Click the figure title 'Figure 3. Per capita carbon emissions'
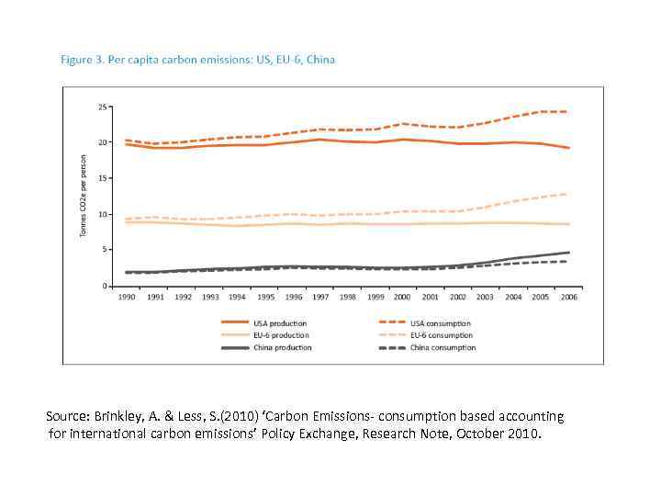[x=197, y=60]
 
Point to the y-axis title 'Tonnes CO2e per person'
[x=83, y=195]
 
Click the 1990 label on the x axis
[x=127, y=297]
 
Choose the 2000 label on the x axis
[x=402, y=297]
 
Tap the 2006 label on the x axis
[x=567, y=297]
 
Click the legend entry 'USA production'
[x=280, y=323]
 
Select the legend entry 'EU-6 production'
[x=281, y=335]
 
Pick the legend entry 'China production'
[x=282, y=347]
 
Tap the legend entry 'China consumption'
[x=443, y=347]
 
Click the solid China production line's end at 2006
[x=568, y=252]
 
